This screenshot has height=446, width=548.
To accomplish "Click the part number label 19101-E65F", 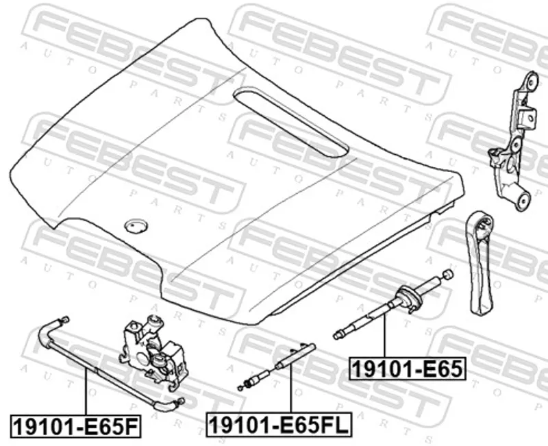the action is click(x=76, y=426).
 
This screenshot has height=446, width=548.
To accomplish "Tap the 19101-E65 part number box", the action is click(x=408, y=369).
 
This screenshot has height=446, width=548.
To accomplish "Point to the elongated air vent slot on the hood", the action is click(x=290, y=122).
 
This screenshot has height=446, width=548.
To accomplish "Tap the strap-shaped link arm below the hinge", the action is click(x=480, y=262).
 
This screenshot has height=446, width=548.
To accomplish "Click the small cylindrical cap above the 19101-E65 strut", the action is click(x=448, y=275).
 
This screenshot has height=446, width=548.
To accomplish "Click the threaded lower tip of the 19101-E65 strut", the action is click(x=338, y=336).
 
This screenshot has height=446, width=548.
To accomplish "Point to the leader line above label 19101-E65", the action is click(x=385, y=336).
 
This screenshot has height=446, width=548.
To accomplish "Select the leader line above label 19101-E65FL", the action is click(x=290, y=388).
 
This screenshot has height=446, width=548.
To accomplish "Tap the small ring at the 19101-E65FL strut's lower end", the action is click(x=240, y=388).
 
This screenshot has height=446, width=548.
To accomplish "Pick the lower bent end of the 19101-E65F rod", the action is click(x=169, y=404).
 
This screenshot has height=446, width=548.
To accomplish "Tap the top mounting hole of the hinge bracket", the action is click(x=533, y=80).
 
